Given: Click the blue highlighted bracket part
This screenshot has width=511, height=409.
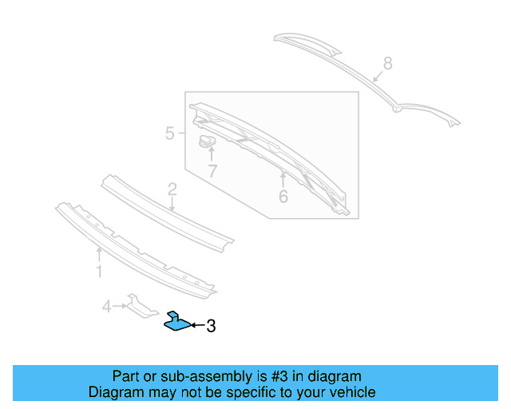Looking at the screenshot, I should [177, 322].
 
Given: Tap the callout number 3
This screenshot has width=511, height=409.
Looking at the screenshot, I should [211, 326].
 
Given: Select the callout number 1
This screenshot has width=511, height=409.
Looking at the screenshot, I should [99, 272].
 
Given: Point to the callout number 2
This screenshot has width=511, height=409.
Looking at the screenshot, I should [172, 189].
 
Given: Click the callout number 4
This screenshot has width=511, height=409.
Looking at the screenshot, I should [106, 305].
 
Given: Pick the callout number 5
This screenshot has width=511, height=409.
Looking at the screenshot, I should [170, 133].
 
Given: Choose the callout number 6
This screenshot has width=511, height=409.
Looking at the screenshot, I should [283, 195].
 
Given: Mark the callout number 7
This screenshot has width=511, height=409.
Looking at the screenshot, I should [212, 171].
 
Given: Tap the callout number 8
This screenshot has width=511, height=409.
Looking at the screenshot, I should [388, 62].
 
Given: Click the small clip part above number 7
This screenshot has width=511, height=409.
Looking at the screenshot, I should [208, 142].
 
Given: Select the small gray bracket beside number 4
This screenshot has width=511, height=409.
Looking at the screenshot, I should [141, 306].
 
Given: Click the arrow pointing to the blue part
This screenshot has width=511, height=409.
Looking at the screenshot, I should [197, 326].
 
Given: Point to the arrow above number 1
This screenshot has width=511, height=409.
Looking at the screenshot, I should [99, 254].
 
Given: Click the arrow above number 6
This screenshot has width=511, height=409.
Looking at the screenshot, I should [283, 176].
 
